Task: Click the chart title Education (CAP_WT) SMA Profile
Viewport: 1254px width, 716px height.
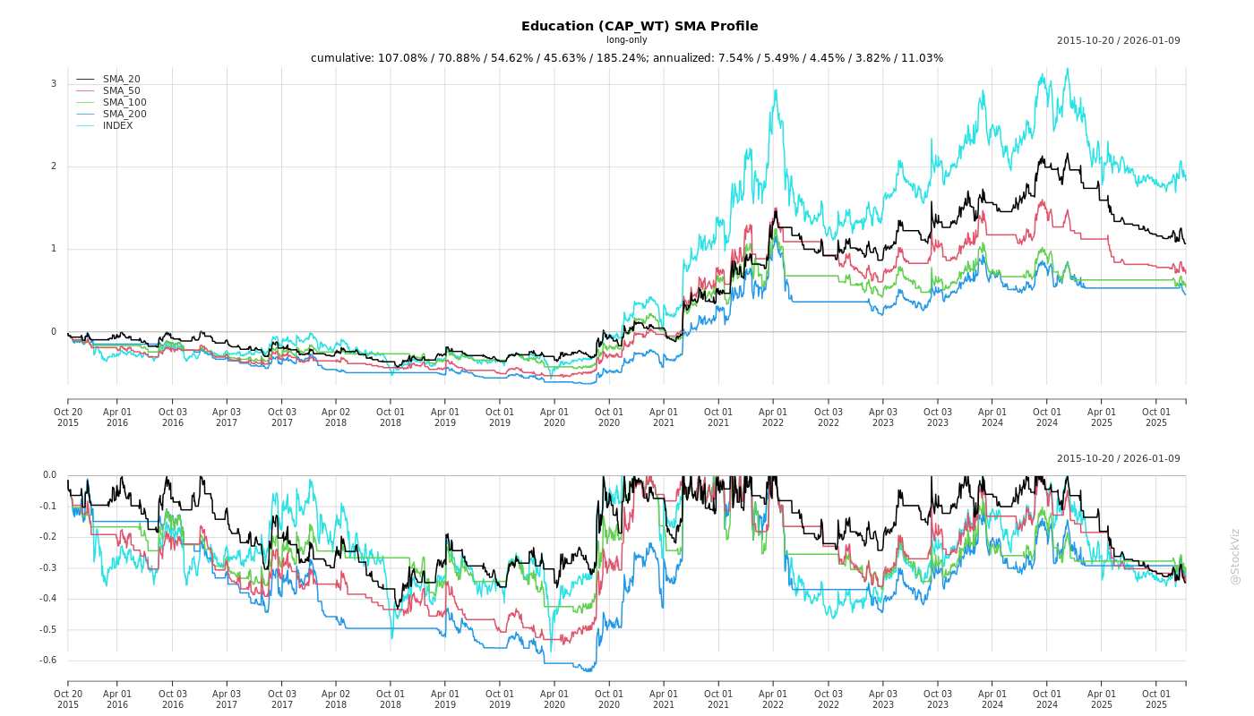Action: click(640, 26)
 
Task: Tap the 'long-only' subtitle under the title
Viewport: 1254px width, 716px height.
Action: click(626, 40)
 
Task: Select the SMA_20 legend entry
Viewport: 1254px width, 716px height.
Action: click(121, 80)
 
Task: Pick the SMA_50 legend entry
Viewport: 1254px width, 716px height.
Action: click(121, 91)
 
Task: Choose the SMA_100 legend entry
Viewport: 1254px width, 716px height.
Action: click(125, 103)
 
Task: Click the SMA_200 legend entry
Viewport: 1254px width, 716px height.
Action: click(125, 115)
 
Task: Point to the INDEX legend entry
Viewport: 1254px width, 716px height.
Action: click(117, 126)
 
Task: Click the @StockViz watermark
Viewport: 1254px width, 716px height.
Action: click(1235, 556)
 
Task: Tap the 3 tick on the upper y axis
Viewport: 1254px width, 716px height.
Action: click(53, 84)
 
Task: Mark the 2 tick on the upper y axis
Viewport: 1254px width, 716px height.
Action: click(53, 166)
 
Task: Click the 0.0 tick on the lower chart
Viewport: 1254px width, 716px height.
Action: click(48, 475)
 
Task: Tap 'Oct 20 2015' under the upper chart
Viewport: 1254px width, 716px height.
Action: click(68, 416)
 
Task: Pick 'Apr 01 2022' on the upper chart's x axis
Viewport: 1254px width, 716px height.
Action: click(773, 416)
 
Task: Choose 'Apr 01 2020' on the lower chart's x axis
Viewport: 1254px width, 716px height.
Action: click(554, 699)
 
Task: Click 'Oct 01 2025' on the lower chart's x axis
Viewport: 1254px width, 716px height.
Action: click(1156, 699)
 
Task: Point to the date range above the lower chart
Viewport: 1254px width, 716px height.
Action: click(1118, 459)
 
